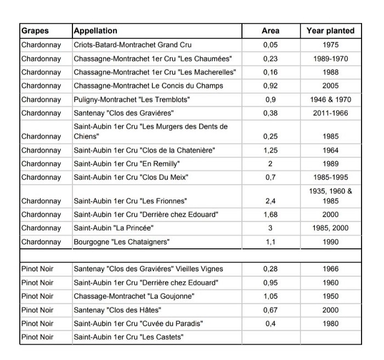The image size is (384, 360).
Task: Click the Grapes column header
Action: tap(35, 31)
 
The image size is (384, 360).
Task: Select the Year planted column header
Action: tap(330, 31)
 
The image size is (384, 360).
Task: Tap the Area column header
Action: tap(270, 31)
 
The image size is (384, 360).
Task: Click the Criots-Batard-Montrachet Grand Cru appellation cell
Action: tap(133, 44)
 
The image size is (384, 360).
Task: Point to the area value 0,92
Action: tap(270, 85)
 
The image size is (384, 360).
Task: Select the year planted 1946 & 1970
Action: tap(330, 99)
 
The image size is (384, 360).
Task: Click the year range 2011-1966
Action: tap(330, 113)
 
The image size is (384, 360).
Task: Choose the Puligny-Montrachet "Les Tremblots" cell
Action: tap(132, 99)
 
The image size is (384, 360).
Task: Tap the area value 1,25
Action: tap(270, 150)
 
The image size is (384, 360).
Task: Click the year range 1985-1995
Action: tap(330, 178)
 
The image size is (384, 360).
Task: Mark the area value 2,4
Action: tap(270, 201)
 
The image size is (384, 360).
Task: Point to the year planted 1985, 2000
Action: tap(330, 228)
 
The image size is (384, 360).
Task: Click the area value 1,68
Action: tap(270, 214)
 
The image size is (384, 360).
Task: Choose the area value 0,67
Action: tap(270, 310)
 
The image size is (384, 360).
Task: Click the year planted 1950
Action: tap(330, 296)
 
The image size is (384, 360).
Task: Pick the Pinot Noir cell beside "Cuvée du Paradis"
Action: tap(37, 323)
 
